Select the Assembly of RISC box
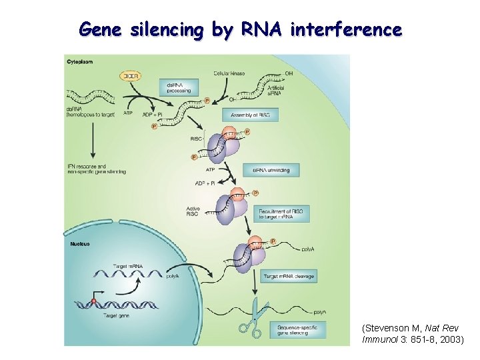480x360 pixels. pyautogui.click(x=250, y=115)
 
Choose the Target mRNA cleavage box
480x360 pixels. pyautogui.click(x=289, y=276)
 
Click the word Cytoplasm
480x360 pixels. pyautogui.click(x=80, y=62)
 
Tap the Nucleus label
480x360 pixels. pyautogui.click(x=80, y=244)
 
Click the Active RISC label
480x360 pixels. pyautogui.click(x=193, y=211)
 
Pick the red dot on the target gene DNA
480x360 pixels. pyautogui.click(x=94, y=301)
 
